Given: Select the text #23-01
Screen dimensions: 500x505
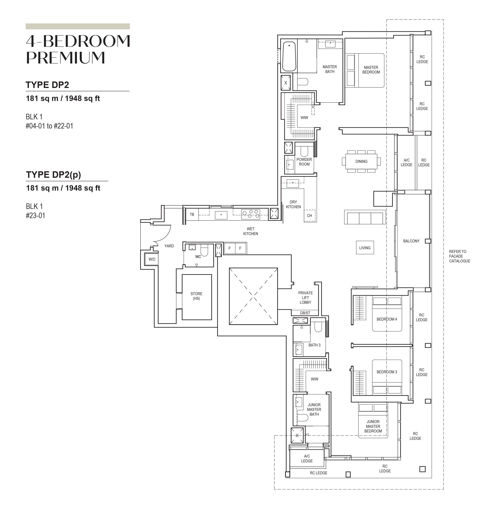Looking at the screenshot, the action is coord(35,216).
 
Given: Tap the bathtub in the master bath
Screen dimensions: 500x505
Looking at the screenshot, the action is coord(289,56).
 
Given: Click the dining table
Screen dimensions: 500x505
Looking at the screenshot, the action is coord(361,161).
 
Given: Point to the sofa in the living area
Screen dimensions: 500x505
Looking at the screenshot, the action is coord(365,217).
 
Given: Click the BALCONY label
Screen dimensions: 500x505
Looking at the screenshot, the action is coord(411,241).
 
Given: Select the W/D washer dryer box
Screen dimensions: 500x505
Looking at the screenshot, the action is coord(152,259).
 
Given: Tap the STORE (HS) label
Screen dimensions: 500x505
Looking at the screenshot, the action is coord(196,296).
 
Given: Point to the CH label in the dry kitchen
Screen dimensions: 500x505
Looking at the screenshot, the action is coord(309,216).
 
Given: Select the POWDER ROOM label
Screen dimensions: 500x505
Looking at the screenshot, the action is coord(304,162).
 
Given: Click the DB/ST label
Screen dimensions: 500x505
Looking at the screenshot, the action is coord(305,313).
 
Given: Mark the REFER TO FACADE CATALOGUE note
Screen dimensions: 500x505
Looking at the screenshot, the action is coord(460,256).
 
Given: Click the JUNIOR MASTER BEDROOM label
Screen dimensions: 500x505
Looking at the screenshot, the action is coord(373,426).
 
